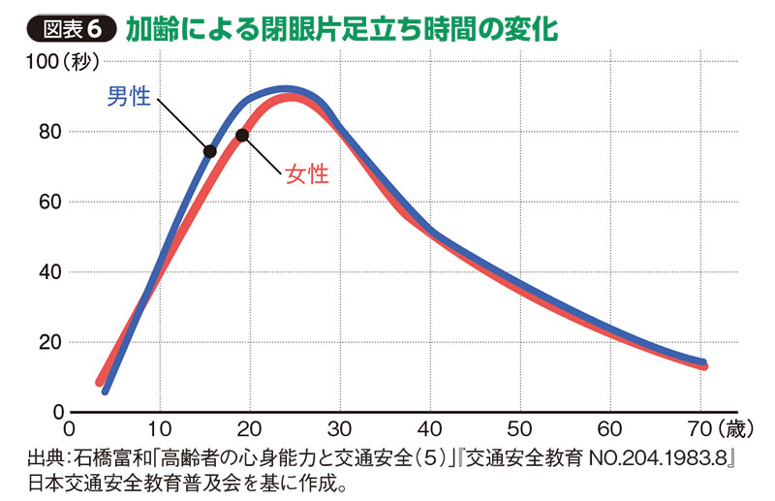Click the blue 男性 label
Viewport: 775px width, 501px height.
pyautogui.click(x=128, y=98)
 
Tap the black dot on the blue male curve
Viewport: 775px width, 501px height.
pyautogui.click(x=209, y=150)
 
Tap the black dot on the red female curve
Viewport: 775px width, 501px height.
pyautogui.click(x=242, y=135)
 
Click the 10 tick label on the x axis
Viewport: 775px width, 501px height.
pyautogui.click(x=159, y=428)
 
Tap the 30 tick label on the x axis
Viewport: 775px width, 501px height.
pyautogui.click(x=339, y=428)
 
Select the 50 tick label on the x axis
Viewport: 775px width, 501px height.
pyautogui.click(x=519, y=428)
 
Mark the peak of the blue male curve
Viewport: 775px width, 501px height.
pyautogui.click(x=283, y=90)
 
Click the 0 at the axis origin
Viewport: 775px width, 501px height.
pyautogui.click(x=68, y=428)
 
